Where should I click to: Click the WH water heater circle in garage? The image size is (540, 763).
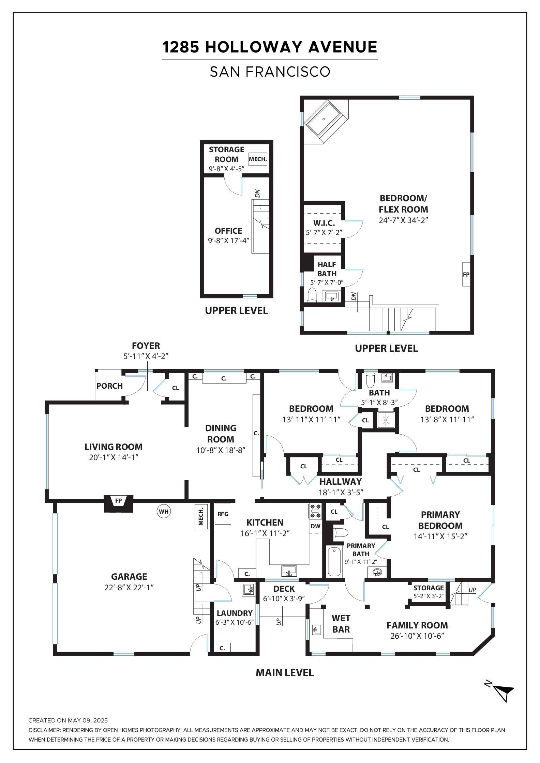164,511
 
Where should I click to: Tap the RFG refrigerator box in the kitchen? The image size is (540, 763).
223,514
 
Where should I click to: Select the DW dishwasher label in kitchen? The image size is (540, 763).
316,526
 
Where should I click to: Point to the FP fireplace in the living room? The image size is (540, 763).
118,503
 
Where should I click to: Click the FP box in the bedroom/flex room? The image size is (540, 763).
466,274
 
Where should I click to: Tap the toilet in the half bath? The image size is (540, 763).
312,295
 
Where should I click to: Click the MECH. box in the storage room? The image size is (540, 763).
258,159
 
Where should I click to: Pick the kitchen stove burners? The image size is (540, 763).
315,511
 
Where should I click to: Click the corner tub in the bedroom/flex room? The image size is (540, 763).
326,122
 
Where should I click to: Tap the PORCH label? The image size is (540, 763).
109,386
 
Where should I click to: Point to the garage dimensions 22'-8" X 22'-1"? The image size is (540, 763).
129,588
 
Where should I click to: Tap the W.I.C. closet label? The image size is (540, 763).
324,223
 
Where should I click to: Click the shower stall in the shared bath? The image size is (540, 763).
386,420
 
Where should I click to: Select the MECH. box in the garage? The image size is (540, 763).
201,516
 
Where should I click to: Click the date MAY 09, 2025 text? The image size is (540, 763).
88,720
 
